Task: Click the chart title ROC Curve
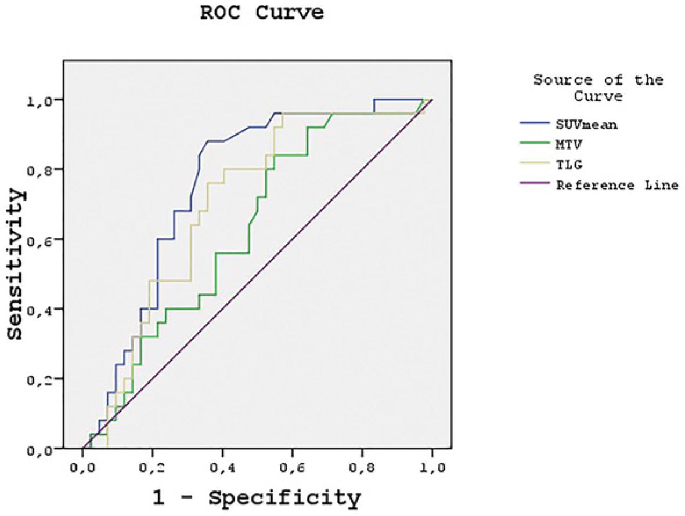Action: [261, 13]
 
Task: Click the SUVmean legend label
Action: [586, 125]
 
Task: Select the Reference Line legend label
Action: [616, 186]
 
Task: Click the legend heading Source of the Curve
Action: [598, 88]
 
